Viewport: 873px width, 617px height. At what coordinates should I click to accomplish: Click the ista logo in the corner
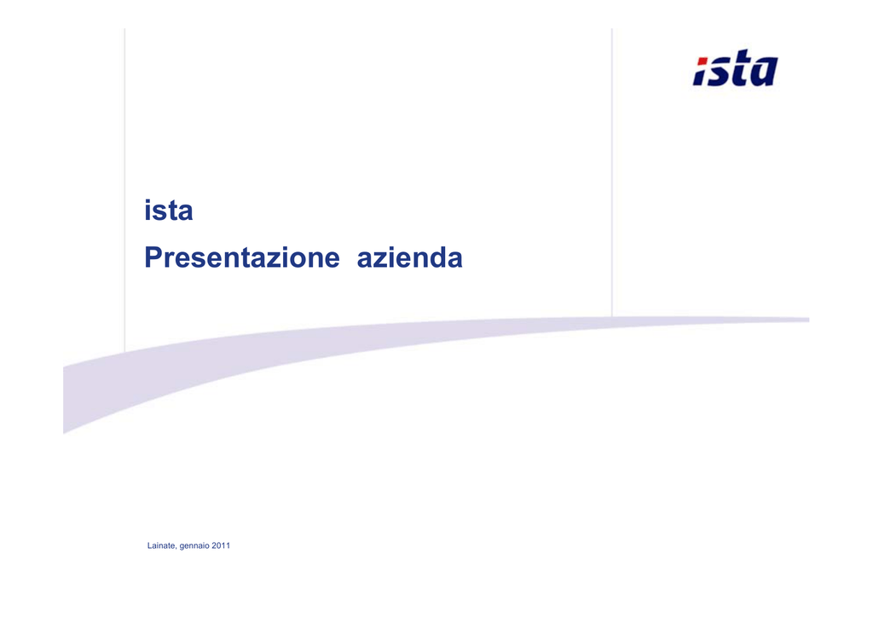pos(736,68)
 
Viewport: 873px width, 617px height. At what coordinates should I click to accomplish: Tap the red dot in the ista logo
pos(703,61)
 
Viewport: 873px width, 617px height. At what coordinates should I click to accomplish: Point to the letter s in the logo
pos(720,72)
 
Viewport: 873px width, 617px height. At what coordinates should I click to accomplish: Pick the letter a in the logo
pos(765,72)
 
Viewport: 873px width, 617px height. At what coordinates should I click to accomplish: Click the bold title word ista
pos(169,210)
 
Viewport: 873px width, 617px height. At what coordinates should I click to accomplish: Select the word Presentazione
pos(241,257)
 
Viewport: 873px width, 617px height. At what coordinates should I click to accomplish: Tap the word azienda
pos(410,257)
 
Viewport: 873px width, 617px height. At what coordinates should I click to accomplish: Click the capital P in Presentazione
pos(153,257)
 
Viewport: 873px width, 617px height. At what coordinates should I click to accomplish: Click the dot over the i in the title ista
pos(148,201)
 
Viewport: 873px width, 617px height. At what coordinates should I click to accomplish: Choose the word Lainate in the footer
pos(161,545)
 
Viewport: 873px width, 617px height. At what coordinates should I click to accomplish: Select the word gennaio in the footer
pos(194,546)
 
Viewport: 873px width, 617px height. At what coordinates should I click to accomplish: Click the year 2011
pos(221,545)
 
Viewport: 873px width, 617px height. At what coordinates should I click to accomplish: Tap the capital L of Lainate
pos(150,545)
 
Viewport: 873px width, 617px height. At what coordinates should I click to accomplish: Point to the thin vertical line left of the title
pos(124,190)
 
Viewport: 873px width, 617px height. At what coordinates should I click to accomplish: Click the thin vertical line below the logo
pos(612,172)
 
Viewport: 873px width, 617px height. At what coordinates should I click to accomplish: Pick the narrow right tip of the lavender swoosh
pos(808,320)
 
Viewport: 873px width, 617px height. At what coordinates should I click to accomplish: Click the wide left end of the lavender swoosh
pos(65,400)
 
